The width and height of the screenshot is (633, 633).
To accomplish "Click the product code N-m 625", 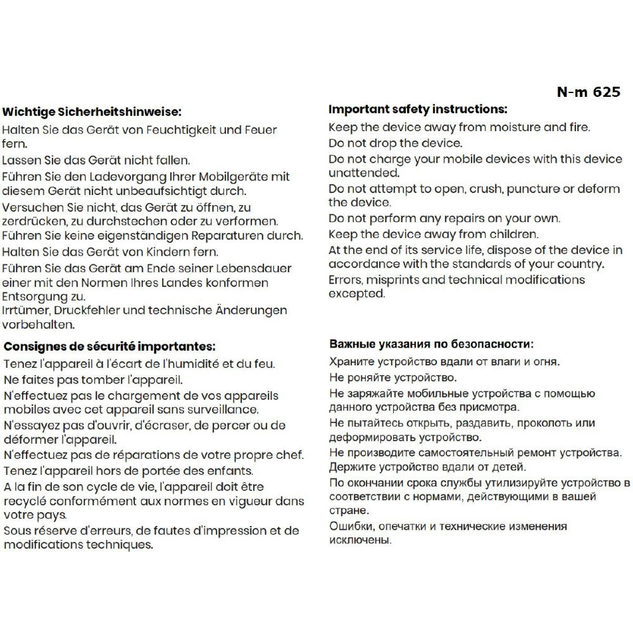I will click(x=589, y=92).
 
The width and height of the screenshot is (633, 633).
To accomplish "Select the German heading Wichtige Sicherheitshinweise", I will click(x=92, y=112).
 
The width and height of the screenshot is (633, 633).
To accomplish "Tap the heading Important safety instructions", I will click(x=418, y=110).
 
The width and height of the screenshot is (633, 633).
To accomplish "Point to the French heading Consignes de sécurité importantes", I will click(x=110, y=347).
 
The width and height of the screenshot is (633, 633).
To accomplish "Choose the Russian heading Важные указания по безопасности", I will click(x=431, y=345).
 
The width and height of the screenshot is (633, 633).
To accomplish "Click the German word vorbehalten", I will click(x=39, y=325).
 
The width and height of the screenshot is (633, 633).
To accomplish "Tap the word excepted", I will click(x=356, y=294).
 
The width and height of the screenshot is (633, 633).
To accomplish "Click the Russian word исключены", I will click(x=360, y=541).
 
